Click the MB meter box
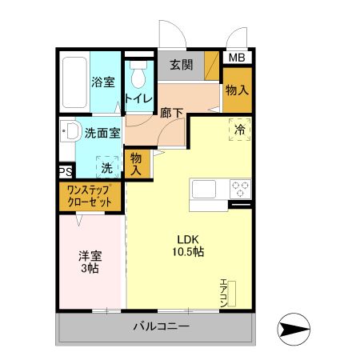pyautogui.click(x=238, y=58)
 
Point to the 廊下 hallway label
pyautogui.click(x=172, y=113)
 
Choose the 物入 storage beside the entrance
pyautogui.click(x=237, y=90)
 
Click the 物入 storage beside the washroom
pyautogui.click(x=136, y=164)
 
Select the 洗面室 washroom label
pyautogui.click(x=102, y=134)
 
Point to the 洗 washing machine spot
pyautogui.click(x=107, y=168)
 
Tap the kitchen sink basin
pyautogui.click(x=203, y=190)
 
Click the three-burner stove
pyautogui.click(x=239, y=190)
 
